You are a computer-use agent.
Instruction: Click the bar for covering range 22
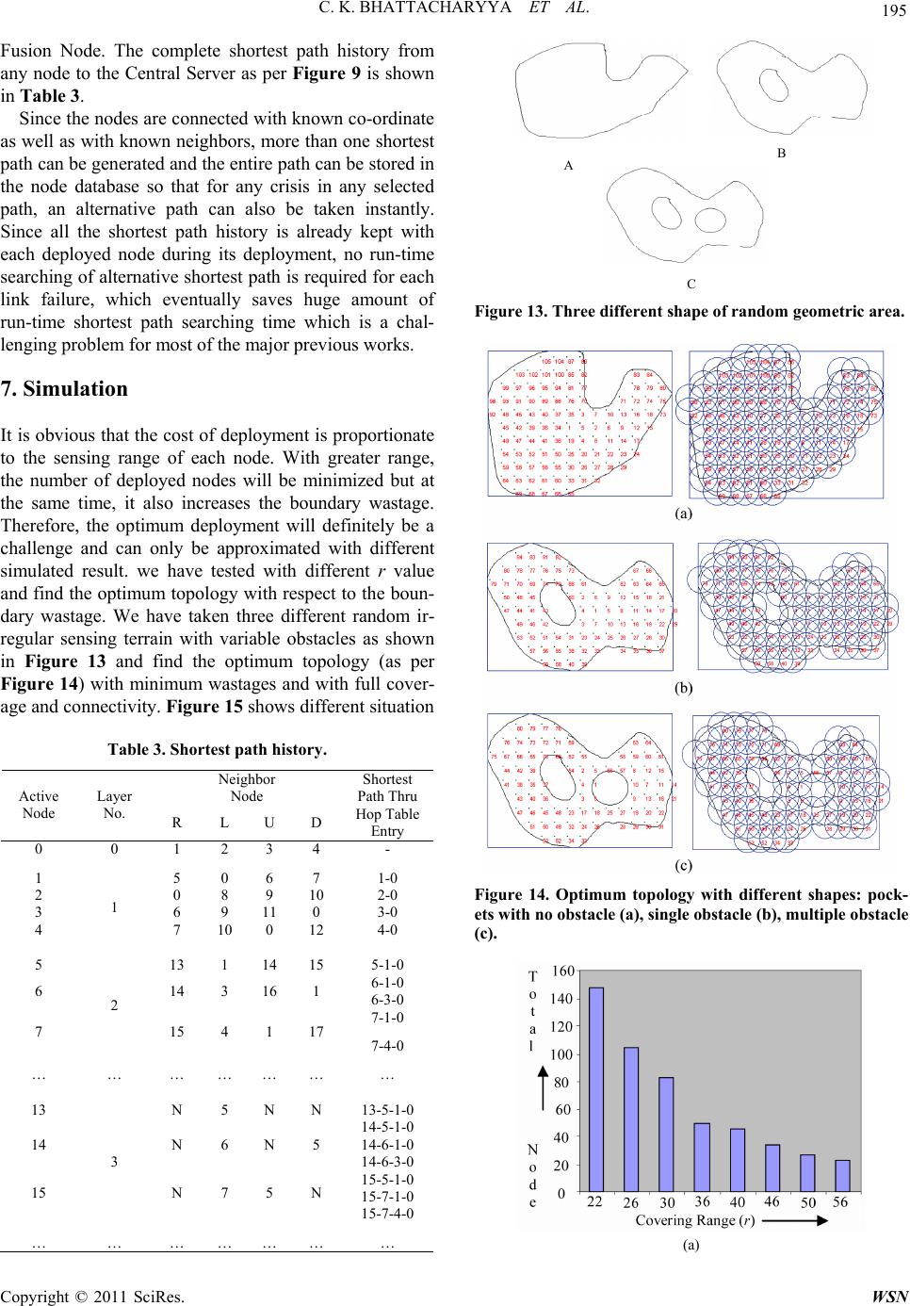click(596, 1090)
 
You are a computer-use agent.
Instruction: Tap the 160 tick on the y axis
click(561, 971)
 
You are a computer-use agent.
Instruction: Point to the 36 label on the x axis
click(702, 1203)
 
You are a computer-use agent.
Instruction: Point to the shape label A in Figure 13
click(567, 164)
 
